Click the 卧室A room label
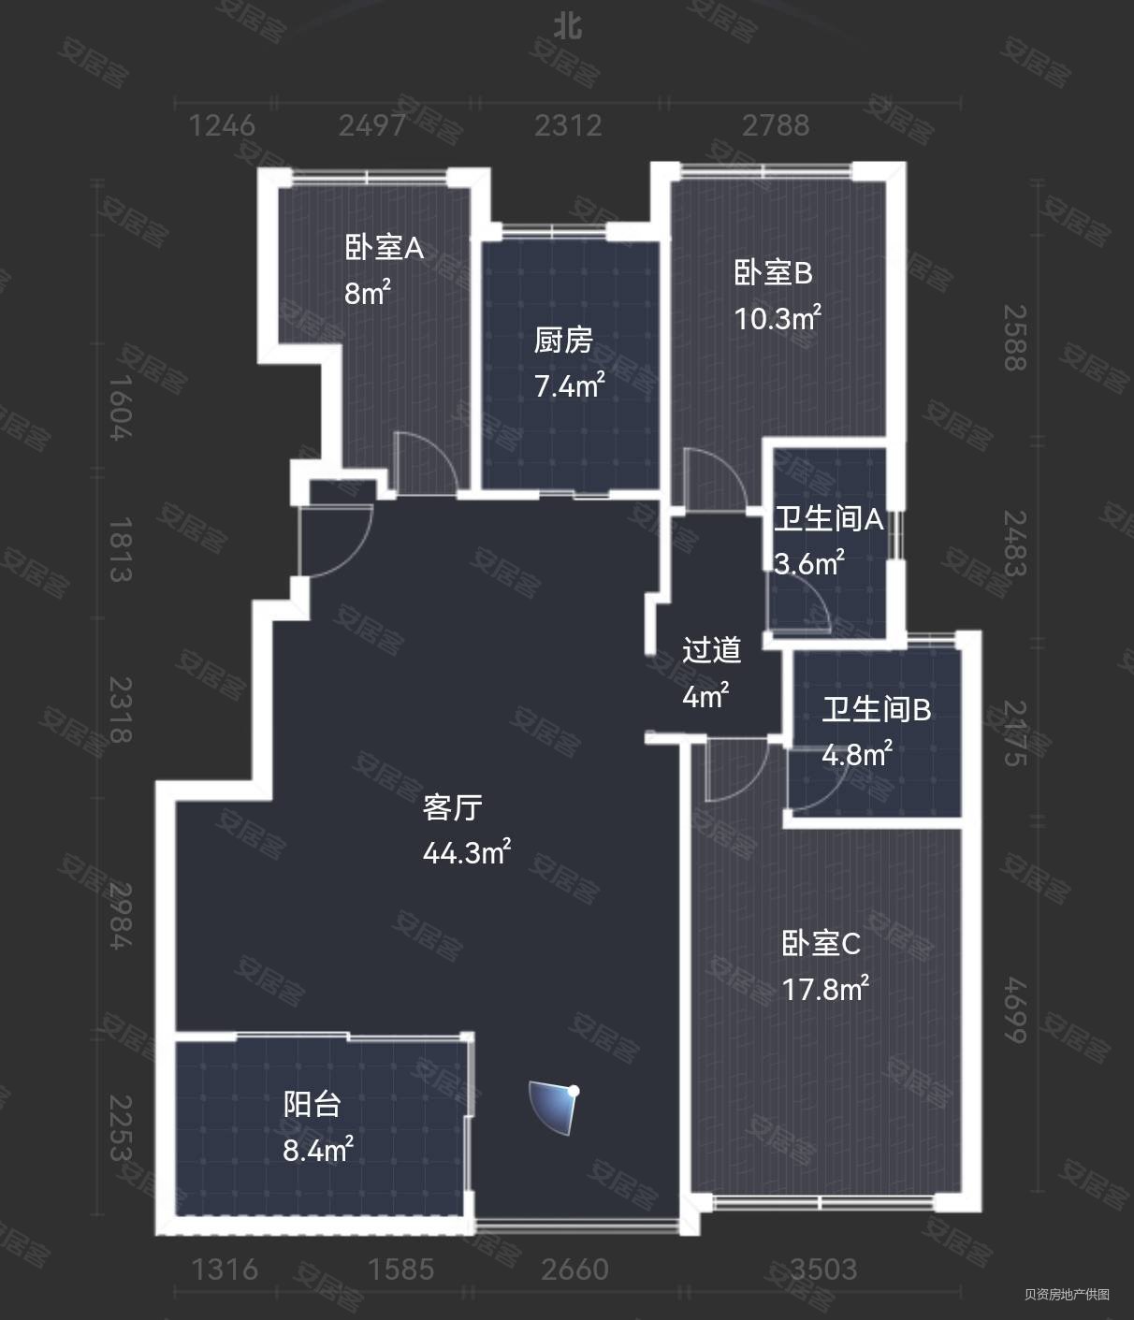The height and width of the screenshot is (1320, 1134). coord(385,248)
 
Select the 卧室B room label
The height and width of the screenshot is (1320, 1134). coord(773,273)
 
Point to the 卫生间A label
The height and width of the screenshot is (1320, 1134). coord(828,518)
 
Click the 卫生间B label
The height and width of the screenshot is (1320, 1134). coord(876,710)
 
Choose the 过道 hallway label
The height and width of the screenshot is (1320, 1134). coord(711,649)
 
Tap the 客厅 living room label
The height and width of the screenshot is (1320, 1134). coord(452,806)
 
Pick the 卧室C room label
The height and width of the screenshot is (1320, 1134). coord(821,943)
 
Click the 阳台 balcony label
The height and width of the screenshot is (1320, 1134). coord(312,1104)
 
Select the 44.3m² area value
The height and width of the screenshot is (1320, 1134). coord(467,852)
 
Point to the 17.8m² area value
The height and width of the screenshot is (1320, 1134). coord(825,988)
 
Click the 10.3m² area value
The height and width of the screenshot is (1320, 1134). coord(778,318)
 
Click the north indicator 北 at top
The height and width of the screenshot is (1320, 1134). coord(567,25)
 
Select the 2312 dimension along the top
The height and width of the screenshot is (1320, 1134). coord(568,125)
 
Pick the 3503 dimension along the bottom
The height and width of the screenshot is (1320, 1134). coord(823,1269)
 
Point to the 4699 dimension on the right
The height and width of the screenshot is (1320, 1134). coord(1015,1010)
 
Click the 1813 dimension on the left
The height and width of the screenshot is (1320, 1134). coord(120,551)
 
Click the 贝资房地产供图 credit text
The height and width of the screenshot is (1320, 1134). coord(1067,1295)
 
